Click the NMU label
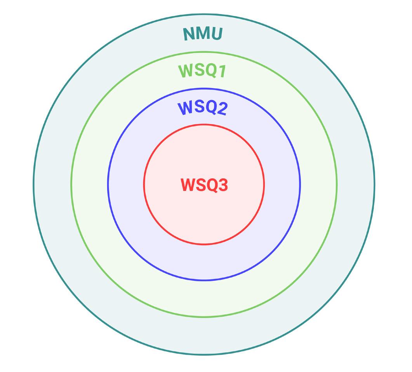tap(203, 34)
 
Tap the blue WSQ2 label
tap(202, 108)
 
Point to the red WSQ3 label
tap(204, 185)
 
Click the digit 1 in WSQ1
tap(222, 72)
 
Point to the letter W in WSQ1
tap(185, 71)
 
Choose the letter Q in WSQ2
tap(210, 107)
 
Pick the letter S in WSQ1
tap(198, 71)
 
